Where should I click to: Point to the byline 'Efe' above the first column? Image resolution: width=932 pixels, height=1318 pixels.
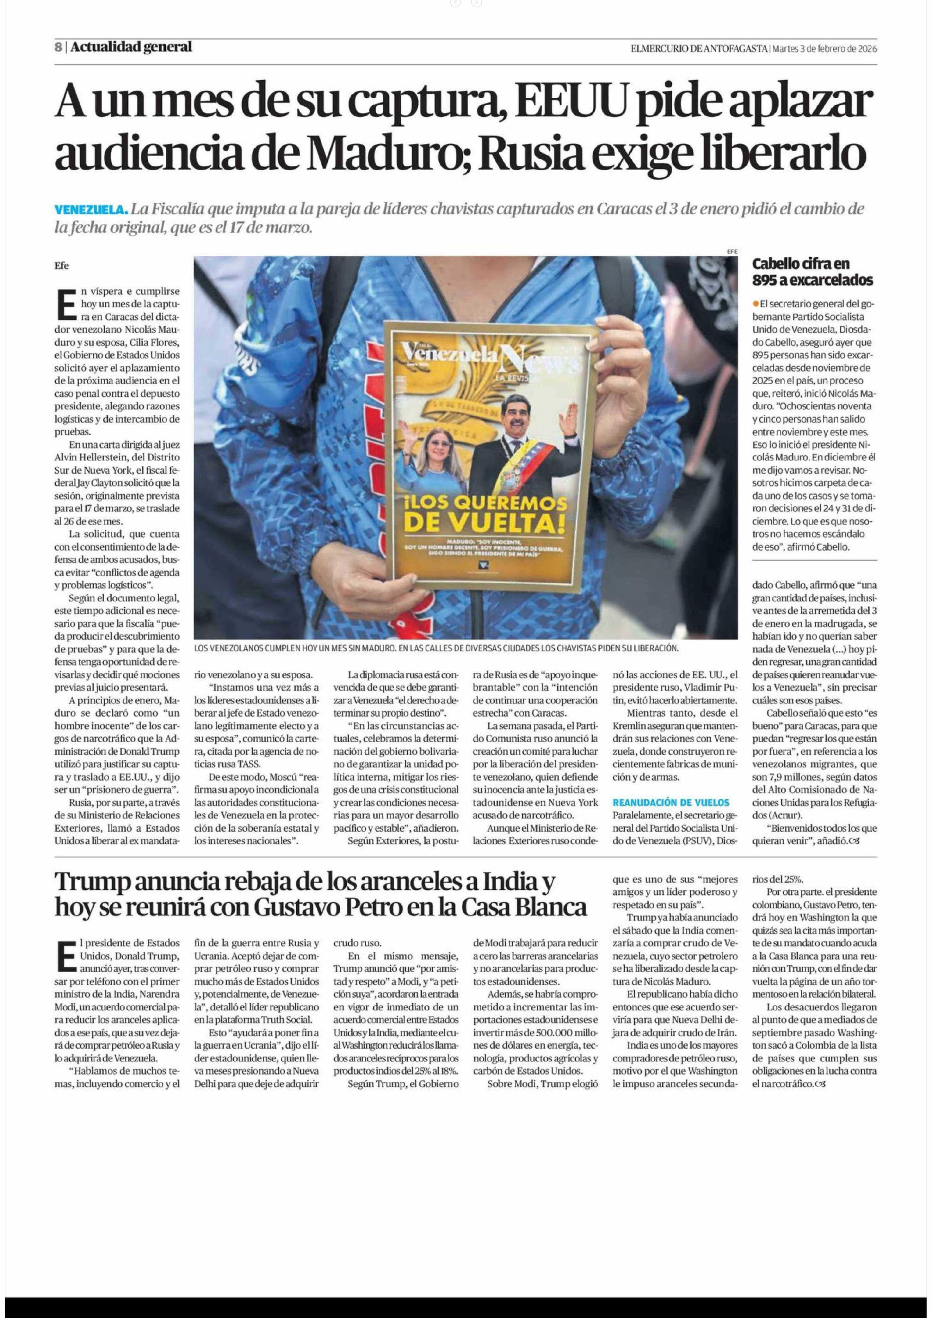(61, 266)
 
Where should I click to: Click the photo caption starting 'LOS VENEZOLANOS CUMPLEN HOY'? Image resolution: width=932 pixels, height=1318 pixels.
(436, 648)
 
